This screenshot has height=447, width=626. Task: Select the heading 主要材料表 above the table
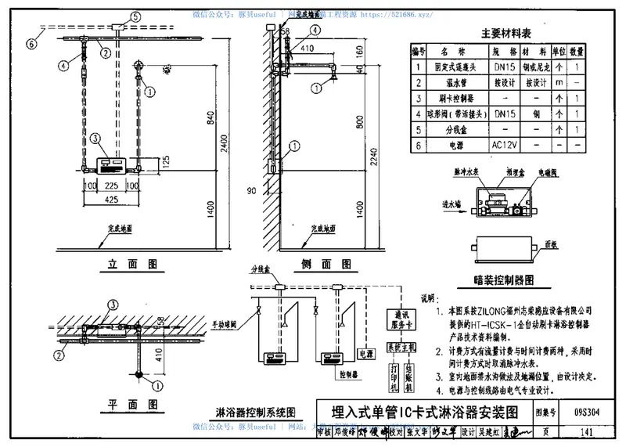(x=505, y=34)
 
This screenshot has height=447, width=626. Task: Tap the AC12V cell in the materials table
(x=501, y=144)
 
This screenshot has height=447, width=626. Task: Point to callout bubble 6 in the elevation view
(x=32, y=44)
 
